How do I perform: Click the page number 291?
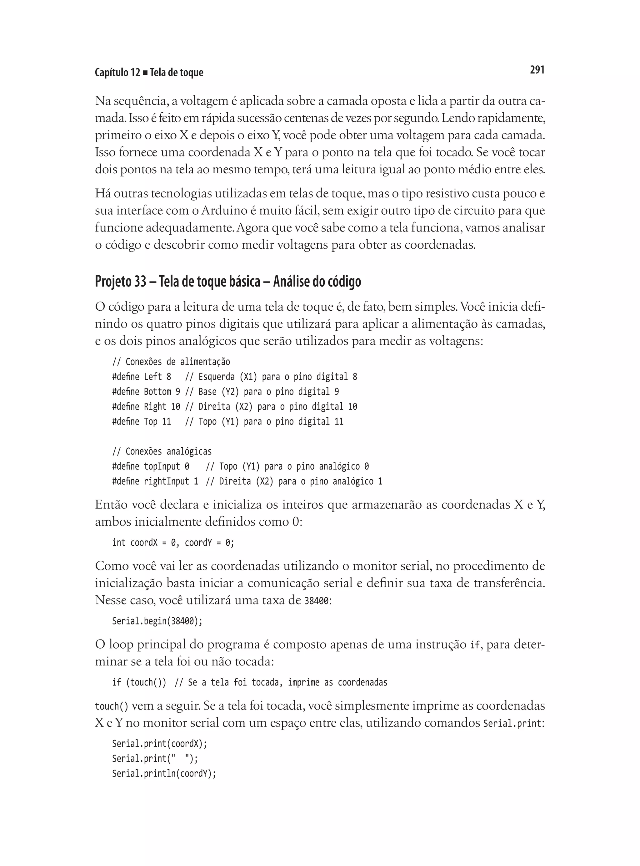[x=537, y=70]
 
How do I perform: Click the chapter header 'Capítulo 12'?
[x=117, y=73]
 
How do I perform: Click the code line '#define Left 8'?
[x=141, y=377]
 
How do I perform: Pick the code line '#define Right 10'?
[x=146, y=406]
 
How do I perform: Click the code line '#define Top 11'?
[x=141, y=421]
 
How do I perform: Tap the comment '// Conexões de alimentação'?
[x=171, y=362]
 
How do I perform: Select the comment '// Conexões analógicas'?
[x=162, y=451]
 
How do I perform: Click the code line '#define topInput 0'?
[x=151, y=466]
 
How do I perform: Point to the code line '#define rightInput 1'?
[x=155, y=481]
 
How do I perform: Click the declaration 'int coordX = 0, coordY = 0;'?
[x=173, y=543]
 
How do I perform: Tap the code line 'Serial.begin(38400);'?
[x=157, y=621]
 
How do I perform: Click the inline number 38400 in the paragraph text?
[x=317, y=601]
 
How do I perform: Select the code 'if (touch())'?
[x=139, y=682]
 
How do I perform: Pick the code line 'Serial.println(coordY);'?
[x=164, y=773]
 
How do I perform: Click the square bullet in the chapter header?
[x=145, y=73]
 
